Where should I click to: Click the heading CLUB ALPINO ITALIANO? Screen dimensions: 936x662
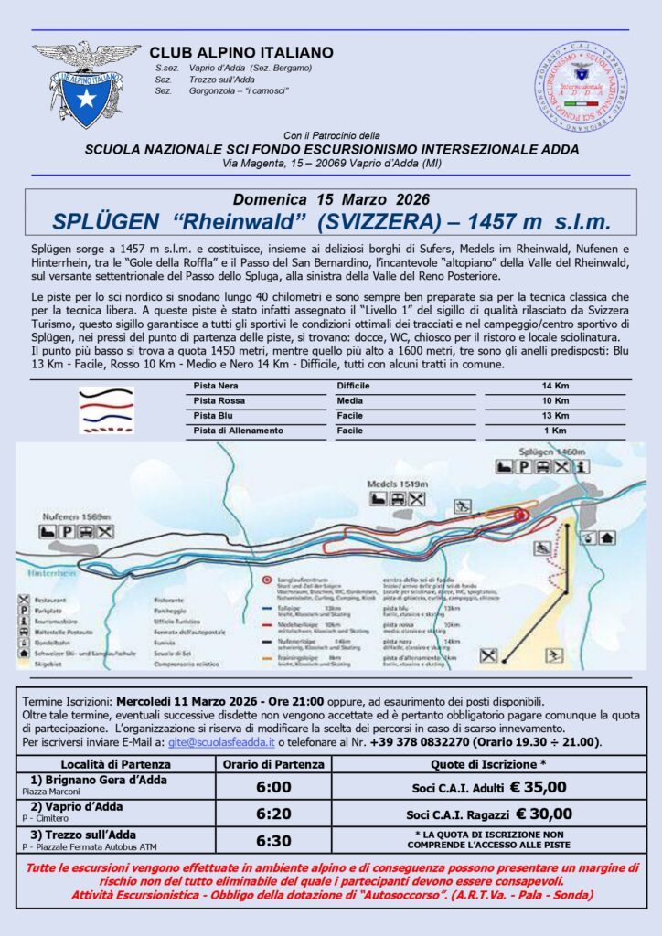[x=241, y=53]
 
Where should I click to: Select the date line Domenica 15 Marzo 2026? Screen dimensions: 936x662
[x=331, y=199]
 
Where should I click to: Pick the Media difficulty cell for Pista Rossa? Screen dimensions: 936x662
[x=351, y=400]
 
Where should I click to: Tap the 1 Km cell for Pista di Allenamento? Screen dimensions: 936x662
[x=555, y=429]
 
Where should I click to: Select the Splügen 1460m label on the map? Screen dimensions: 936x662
[x=548, y=452]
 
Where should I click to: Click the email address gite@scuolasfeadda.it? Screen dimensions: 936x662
[x=222, y=742]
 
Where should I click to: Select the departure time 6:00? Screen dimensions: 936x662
[x=274, y=786]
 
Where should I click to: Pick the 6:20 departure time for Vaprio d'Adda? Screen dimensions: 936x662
[x=274, y=813]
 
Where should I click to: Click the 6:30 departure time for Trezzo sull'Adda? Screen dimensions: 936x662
[x=274, y=839]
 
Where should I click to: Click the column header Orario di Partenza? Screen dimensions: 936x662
[x=274, y=763]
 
